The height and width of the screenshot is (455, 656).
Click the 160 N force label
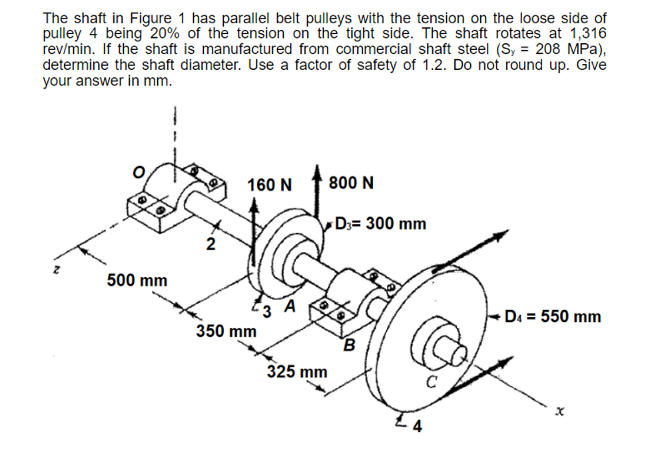[269, 185]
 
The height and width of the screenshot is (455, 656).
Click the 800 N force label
[351, 183]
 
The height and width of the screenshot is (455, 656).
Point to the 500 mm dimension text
[137, 280]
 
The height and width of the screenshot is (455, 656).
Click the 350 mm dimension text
[226, 331]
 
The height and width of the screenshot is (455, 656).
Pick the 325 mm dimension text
[297, 371]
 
